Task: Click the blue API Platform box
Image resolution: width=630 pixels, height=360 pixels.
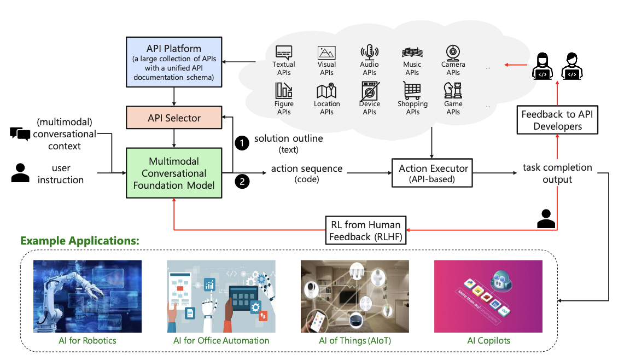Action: [x=173, y=61]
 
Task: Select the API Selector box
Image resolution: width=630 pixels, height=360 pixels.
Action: [x=173, y=118]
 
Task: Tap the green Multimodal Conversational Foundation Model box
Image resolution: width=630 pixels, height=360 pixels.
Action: [x=173, y=173]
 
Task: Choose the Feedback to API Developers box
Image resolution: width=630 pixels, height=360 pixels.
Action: [x=557, y=120]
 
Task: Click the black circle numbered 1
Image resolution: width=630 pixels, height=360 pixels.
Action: [x=241, y=143]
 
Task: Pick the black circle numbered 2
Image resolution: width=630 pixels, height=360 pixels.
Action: [x=241, y=181]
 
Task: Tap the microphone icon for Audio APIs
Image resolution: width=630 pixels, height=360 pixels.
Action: [x=369, y=53]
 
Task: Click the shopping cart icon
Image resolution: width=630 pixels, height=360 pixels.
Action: [x=412, y=90]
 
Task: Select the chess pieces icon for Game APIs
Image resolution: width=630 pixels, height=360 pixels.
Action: [x=453, y=90]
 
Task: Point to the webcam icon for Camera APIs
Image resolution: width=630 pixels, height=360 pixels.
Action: [x=453, y=53]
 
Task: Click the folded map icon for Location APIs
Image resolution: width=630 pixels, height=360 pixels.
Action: [x=326, y=90]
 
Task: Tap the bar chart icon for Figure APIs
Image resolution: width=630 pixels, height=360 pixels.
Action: [x=284, y=90]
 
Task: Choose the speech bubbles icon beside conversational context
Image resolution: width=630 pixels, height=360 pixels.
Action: [x=20, y=133]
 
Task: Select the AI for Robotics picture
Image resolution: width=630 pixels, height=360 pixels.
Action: [x=87, y=296]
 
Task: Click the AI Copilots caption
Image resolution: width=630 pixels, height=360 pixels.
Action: [x=488, y=341]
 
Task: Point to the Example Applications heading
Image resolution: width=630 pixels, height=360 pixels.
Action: [x=80, y=241]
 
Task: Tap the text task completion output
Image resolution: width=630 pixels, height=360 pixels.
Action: [x=557, y=173]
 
